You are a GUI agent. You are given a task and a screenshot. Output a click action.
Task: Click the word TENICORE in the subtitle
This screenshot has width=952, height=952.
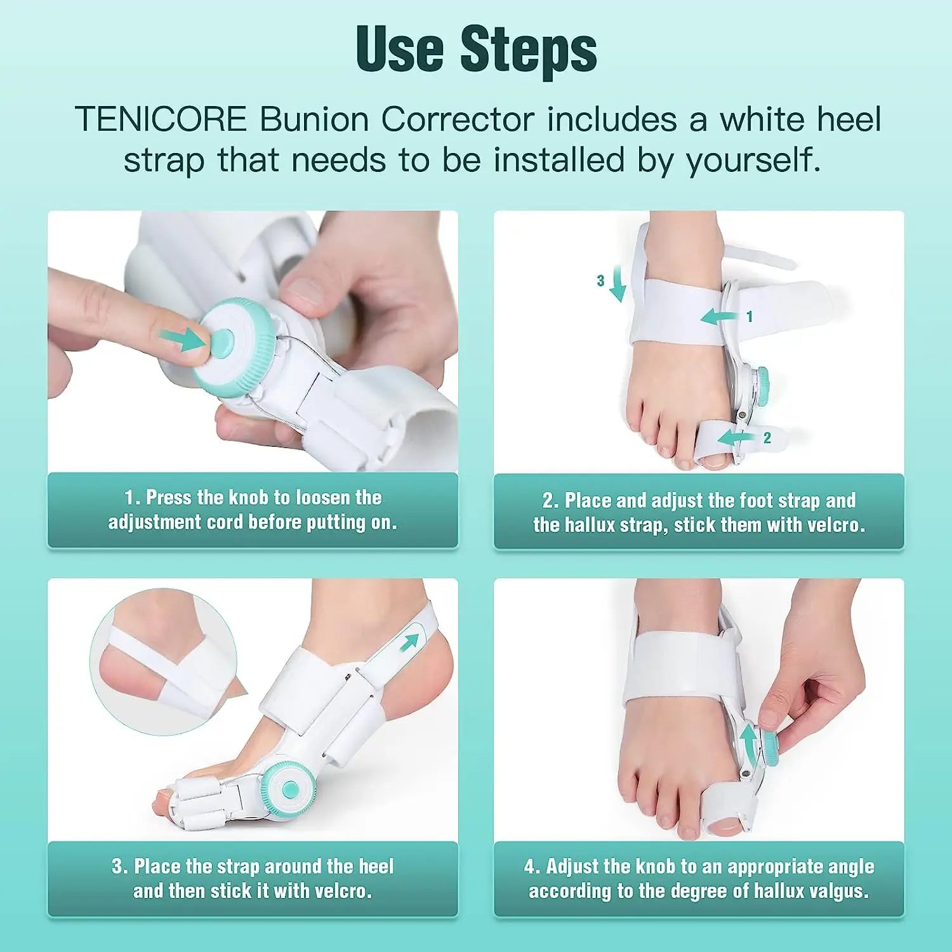[x=161, y=119]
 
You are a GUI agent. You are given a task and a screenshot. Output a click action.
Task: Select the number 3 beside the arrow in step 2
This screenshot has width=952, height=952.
[x=600, y=281]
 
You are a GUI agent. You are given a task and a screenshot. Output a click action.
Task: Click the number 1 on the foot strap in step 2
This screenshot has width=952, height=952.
[x=750, y=316]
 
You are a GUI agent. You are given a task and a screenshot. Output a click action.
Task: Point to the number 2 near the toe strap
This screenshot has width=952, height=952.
[x=767, y=437]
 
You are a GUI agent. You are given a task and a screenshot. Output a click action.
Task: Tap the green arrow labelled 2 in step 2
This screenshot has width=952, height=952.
[x=736, y=437]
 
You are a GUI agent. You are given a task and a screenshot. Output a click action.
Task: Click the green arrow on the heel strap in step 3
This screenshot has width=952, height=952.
[x=410, y=641]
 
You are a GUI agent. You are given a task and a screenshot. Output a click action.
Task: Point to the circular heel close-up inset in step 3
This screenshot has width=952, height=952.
[x=164, y=662]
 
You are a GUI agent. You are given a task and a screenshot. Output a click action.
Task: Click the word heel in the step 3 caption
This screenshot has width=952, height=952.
[x=376, y=866]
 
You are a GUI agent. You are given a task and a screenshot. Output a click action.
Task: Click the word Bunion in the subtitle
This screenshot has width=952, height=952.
[x=314, y=119]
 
